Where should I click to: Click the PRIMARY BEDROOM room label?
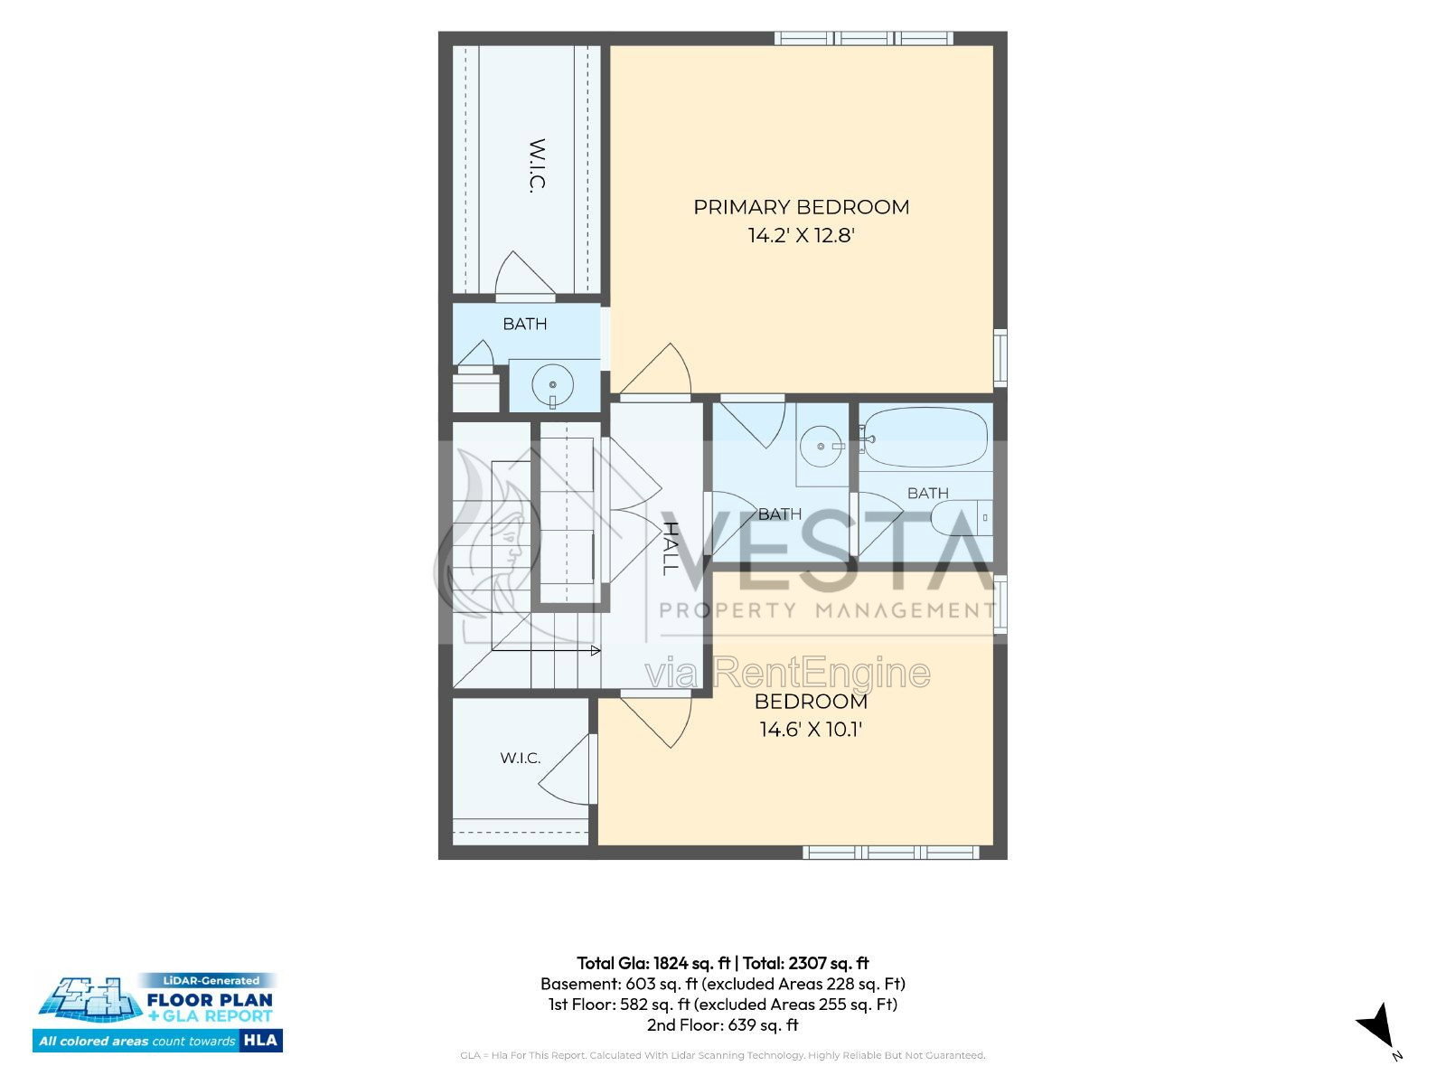point(801,207)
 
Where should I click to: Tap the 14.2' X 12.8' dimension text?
point(801,235)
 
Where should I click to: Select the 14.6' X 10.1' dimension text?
point(811,730)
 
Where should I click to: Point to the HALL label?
point(670,548)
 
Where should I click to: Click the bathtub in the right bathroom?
point(925,438)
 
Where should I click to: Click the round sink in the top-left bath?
point(553,385)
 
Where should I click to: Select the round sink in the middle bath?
point(821,446)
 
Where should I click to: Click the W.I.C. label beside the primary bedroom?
point(538,165)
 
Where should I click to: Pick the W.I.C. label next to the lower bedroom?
point(521,758)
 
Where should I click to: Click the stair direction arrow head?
point(596,651)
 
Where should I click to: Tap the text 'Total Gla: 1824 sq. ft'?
point(653,963)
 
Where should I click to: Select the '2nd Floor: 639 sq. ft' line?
point(723,1025)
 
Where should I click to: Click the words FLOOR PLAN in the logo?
point(210,999)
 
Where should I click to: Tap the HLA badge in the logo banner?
point(260,1040)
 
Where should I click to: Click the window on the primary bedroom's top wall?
point(864,38)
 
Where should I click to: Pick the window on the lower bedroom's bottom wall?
point(891,853)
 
